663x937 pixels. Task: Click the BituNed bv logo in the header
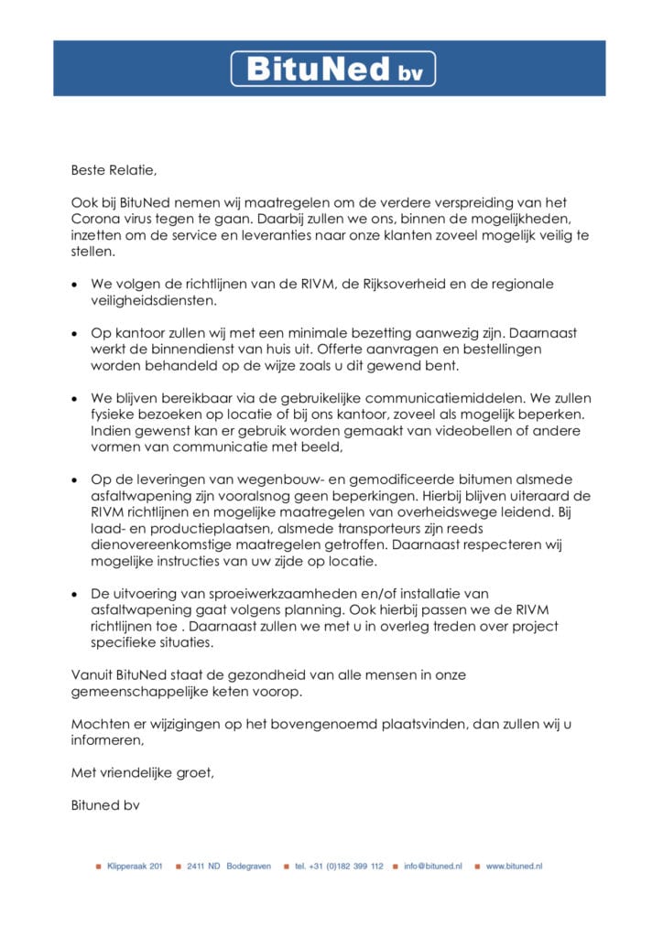click(x=332, y=69)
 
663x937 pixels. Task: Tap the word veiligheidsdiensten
click(x=154, y=300)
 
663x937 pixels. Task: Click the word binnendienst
click(x=208, y=350)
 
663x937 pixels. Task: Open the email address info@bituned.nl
click(x=433, y=866)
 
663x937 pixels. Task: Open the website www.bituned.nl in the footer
click(x=514, y=866)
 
